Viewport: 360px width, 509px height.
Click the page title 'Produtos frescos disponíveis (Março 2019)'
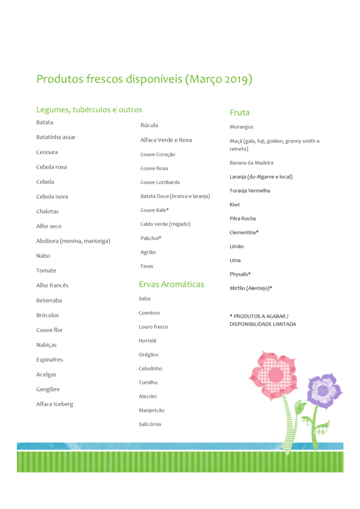pos(144,80)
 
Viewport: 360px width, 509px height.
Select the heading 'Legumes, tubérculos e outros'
pos(89,110)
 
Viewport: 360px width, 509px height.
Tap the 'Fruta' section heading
pos(240,112)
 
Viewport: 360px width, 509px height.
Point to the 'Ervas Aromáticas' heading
pos(171,284)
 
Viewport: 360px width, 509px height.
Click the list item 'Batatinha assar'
pos(56,137)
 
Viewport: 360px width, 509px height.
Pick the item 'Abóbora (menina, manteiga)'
pos(73,241)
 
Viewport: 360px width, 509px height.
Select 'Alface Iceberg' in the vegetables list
pos(55,404)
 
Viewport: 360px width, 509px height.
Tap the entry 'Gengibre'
pos(48,389)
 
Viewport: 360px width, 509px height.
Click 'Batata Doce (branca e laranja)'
pos(175,196)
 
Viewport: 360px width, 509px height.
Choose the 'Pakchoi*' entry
pos(151,238)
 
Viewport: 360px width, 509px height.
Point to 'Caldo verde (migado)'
pos(165,224)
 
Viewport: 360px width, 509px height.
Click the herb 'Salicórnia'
pos(150,424)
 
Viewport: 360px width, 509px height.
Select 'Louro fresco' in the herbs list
pos(153,327)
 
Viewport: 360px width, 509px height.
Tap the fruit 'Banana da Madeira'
pos(251,163)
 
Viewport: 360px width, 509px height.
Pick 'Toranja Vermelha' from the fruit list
pos(250,190)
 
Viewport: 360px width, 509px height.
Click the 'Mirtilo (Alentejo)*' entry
pos(251,288)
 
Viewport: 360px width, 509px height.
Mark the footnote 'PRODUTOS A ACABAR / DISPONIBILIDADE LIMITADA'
pos(262,320)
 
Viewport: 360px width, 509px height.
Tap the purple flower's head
pos(323,391)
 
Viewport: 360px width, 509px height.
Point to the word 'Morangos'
pos(241,127)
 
